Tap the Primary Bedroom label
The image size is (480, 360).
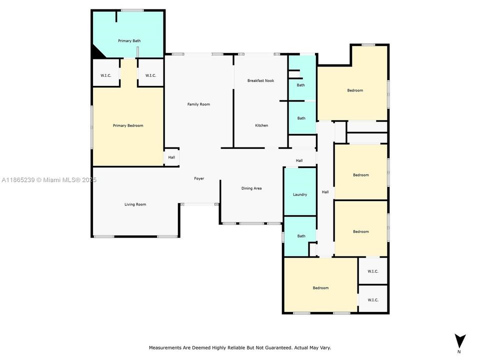128,125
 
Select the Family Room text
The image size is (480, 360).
198,104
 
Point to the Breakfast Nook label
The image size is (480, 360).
261,80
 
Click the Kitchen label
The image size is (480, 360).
261,125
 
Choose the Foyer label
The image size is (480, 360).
199,178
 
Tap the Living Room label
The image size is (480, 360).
135,204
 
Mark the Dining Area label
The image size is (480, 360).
251,188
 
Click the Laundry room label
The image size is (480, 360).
300,194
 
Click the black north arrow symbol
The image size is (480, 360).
460,340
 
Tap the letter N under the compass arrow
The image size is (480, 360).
459,352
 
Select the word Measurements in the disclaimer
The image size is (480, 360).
164,347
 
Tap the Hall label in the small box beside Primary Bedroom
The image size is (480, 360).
171,157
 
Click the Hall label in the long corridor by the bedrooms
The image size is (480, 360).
325,192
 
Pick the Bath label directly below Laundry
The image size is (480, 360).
301,236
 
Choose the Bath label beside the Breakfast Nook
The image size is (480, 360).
300,85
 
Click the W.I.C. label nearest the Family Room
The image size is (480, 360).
151,75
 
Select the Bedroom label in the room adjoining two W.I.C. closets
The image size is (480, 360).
320,288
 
